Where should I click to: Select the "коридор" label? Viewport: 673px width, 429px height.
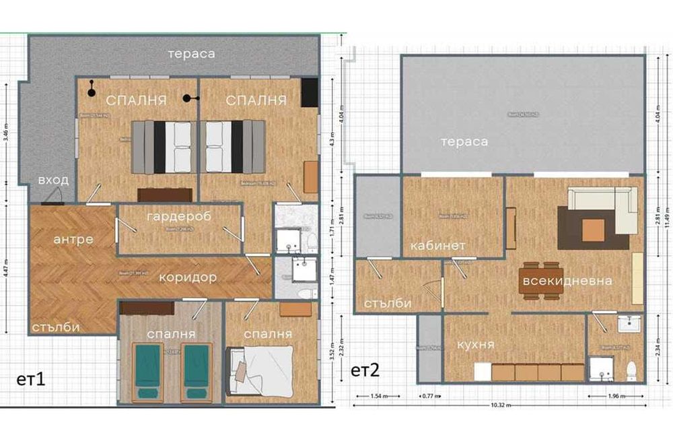coord(187,277)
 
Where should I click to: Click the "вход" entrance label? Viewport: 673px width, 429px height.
coord(52,180)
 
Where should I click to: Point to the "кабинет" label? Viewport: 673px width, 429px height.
coord(438,246)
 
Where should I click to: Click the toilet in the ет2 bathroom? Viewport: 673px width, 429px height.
coord(631,370)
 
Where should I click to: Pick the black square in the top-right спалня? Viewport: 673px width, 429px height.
coord(309,92)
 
